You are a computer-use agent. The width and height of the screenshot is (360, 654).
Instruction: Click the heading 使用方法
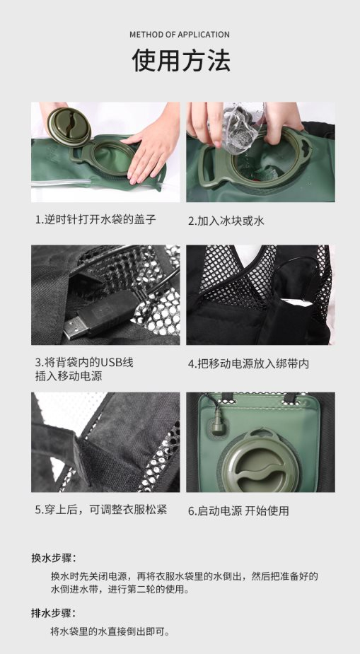(180, 60)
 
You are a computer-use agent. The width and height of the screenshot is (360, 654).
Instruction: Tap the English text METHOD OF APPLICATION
(180, 35)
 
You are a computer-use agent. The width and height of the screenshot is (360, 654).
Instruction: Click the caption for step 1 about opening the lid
(95, 219)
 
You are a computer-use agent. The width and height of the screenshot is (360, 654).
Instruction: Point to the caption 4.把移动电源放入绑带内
(248, 363)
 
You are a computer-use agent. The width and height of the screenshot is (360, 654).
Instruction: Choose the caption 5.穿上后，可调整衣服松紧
(101, 510)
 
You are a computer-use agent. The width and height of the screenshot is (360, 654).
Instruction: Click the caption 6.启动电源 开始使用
(238, 511)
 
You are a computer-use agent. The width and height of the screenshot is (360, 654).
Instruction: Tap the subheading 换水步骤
(54, 558)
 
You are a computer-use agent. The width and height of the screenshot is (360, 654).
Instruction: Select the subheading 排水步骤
(54, 613)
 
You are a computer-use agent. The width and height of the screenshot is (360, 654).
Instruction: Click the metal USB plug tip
(76, 327)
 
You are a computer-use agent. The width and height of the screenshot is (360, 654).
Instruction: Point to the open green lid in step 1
(69, 127)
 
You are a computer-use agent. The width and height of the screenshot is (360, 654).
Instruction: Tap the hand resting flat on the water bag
(151, 146)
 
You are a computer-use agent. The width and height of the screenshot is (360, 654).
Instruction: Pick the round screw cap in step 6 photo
(259, 465)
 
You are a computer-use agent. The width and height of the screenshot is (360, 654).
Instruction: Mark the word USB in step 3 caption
(112, 363)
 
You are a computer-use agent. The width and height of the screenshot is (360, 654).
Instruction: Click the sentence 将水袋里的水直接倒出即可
(110, 631)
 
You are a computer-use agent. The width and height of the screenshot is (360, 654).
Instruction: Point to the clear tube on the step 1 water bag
(62, 182)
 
